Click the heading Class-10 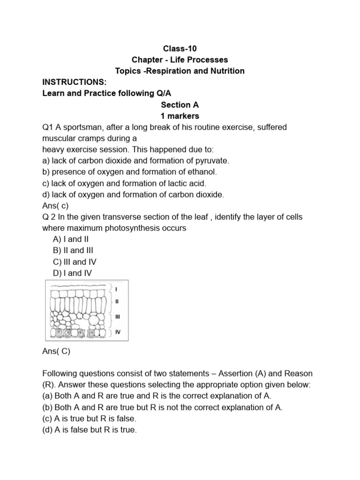pos(180,48)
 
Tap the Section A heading pos(180,105)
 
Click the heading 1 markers pos(180,116)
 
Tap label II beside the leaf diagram pos(117,301)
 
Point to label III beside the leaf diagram pos(118,317)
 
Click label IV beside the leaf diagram pos(118,332)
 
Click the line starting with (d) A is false pos(89,430)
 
